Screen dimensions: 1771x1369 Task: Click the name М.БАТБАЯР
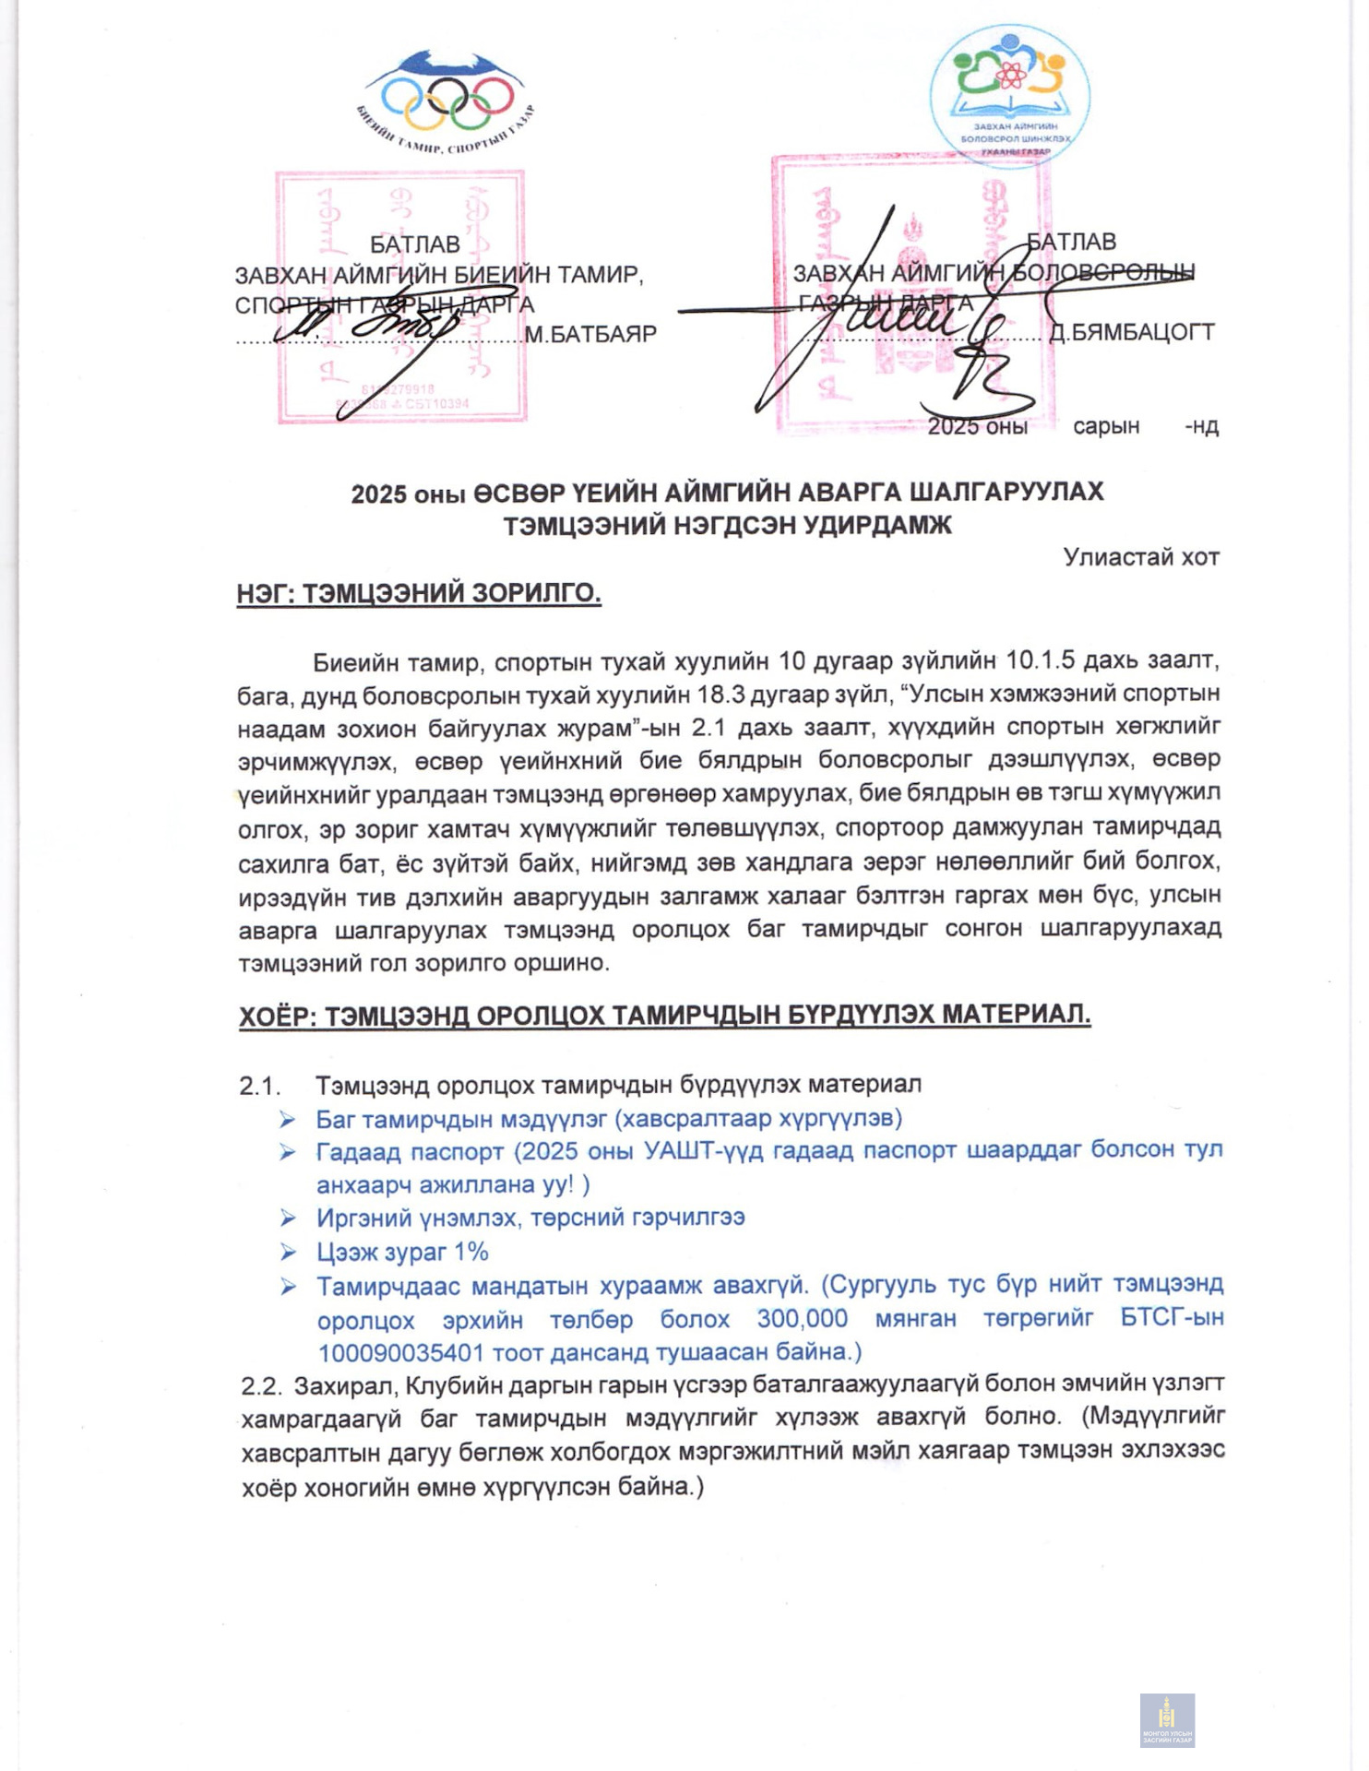click(x=590, y=334)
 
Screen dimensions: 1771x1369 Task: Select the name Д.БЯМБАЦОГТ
click(x=1132, y=332)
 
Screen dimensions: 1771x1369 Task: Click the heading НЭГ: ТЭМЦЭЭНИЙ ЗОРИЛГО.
click(x=419, y=592)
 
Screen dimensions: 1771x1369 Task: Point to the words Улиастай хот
click(x=1141, y=557)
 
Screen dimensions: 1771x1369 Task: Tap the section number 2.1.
click(x=259, y=1086)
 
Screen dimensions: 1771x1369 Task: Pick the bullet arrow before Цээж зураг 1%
click(x=289, y=1253)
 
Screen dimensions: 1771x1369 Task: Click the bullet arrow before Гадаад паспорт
click(x=289, y=1152)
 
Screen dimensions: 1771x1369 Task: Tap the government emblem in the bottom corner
click(x=1167, y=1720)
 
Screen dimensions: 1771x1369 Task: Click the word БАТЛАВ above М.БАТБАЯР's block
click(x=414, y=244)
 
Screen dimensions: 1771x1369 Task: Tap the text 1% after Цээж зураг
click(x=470, y=1252)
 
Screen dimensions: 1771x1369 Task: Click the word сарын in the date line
click(x=1106, y=426)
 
